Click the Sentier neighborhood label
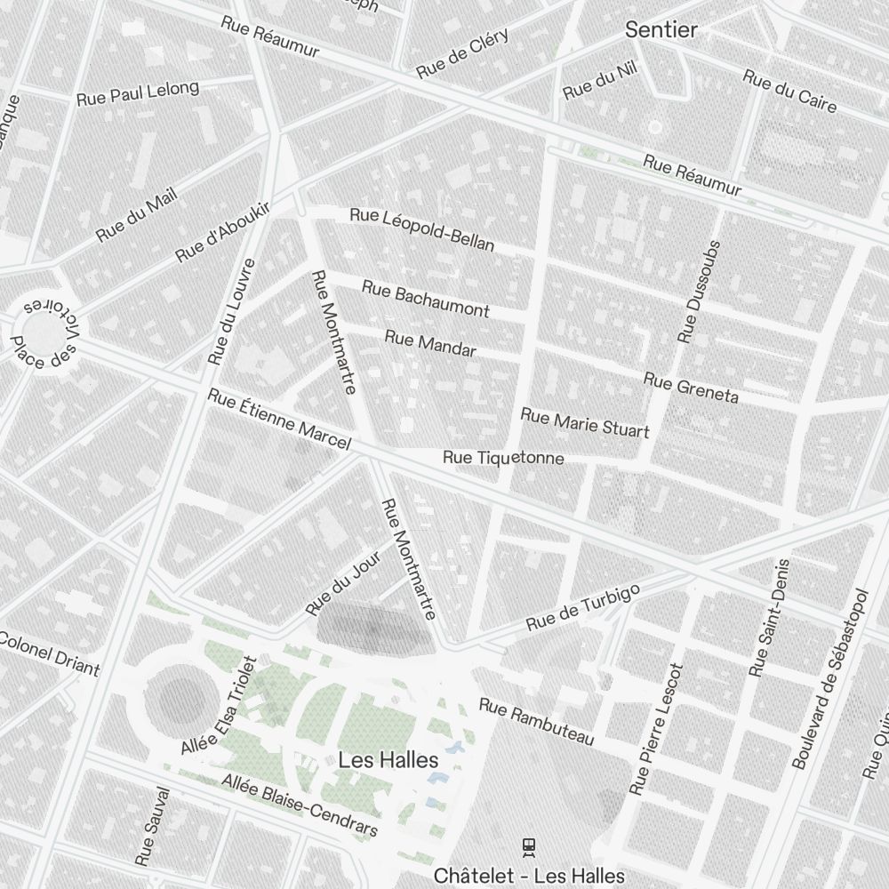[x=661, y=29]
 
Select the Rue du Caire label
[x=789, y=91]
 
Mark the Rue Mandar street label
[x=430, y=343]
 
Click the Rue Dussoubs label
[x=699, y=291]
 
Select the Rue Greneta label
[x=691, y=388]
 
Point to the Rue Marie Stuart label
[x=584, y=423]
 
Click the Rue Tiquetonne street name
[x=503, y=458]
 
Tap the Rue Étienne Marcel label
[x=279, y=419]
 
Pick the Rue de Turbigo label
[x=582, y=609]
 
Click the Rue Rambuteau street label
[x=536, y=722]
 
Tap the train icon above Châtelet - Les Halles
[x=529, y=846]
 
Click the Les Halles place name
[x=388, y=760]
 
